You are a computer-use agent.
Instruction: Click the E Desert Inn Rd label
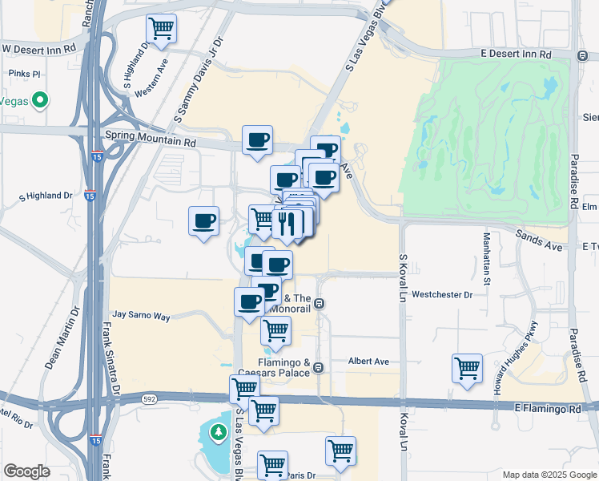click(517, 55)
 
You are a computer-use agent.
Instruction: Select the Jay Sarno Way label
click(142, 317)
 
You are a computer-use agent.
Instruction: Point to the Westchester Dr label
click(442, 294)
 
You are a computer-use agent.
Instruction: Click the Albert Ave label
click(368, 362)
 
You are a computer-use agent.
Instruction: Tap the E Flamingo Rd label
click(549, 409)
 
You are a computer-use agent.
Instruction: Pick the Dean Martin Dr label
click(63, 338)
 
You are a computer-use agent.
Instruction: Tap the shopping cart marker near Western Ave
click(162, 29)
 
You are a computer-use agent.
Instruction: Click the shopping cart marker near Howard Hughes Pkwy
click(467, 369)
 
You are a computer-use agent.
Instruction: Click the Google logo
click(26, 471)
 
